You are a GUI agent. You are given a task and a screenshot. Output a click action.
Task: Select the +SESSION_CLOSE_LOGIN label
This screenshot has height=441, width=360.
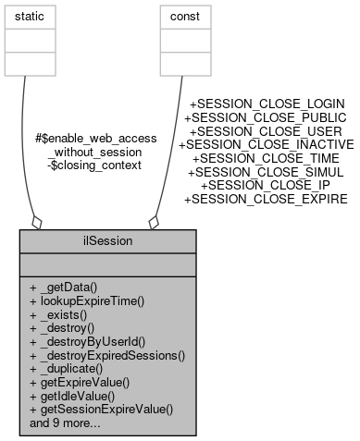(x=267, y=104)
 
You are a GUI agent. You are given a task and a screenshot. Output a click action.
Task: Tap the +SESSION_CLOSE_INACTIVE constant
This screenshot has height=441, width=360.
(x=267, y=143)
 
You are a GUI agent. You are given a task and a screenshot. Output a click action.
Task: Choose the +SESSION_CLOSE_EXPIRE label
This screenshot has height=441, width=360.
(x=267, y=197)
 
